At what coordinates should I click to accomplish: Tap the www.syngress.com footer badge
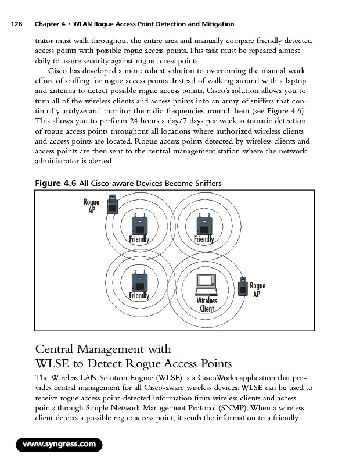(58, 446)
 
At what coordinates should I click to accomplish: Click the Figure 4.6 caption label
(55, 184)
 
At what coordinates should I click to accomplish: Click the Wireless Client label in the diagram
(207, 305)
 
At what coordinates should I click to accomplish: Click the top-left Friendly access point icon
(139, 224)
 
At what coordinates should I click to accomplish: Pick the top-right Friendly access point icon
(204, 224)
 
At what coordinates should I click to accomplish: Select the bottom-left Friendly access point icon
(139, 282)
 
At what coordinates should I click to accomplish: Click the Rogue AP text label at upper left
(92, 206)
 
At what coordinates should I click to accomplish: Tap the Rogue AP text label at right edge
(258, 289)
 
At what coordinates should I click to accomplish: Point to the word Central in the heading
(59, 349)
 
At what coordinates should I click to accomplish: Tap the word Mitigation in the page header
(214, 24)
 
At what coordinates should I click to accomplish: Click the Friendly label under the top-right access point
(204, 239)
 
